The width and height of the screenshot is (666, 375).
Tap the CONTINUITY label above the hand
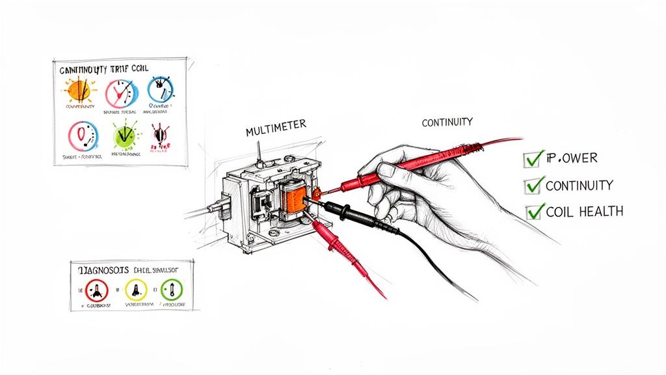coord(447,122)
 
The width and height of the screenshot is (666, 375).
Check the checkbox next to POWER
coord(533,158)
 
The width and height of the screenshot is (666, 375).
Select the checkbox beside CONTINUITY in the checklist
coord(533,185)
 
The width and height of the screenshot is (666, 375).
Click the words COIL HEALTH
coord(585,211)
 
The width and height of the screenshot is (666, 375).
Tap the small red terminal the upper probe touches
coord(317,193)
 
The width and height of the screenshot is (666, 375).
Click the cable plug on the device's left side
coord(219,209)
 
